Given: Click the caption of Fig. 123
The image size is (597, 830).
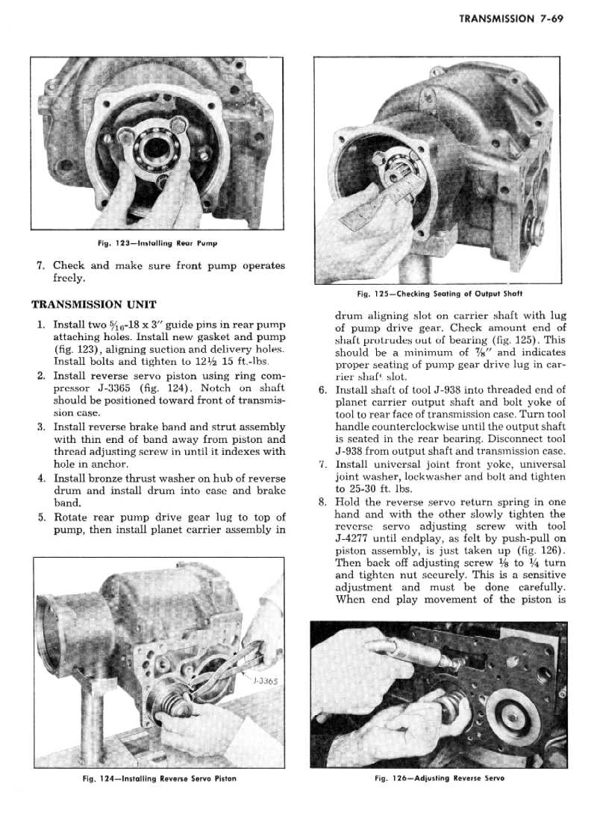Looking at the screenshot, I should tap(157, 243).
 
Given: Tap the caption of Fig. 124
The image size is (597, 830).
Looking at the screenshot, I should tap(159, 778).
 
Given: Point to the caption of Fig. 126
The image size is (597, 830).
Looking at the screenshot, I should tap(440, 778).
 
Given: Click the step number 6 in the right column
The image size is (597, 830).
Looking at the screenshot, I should tap(322, 389).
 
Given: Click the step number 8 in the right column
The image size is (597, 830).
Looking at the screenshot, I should tap(322, 502).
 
